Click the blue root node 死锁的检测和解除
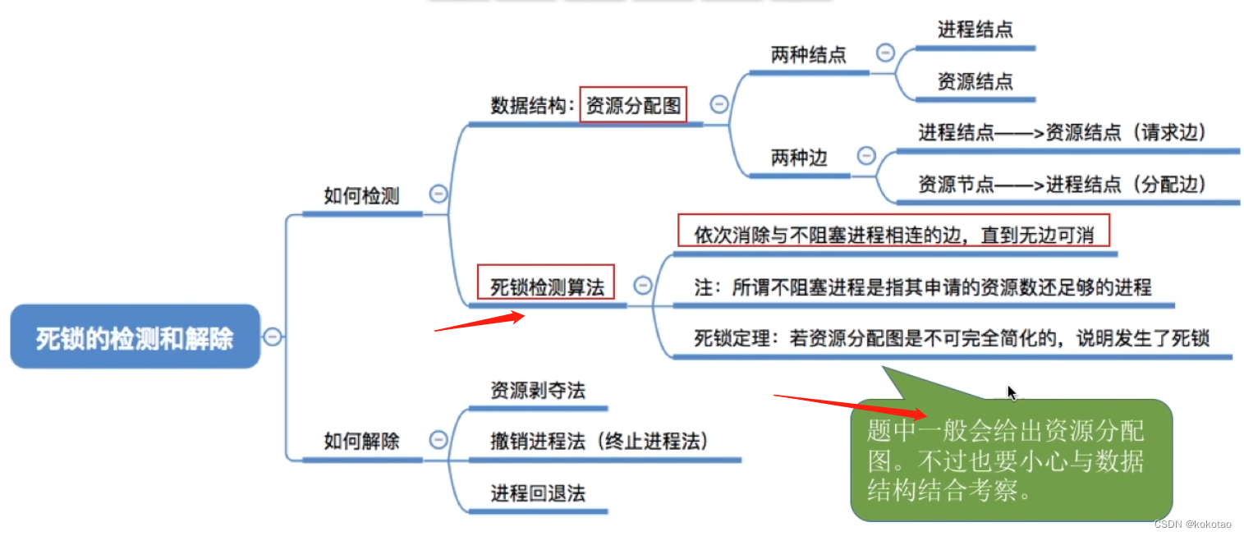(x=135, y=337)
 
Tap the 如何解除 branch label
(x=361, y=441)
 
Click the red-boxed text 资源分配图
(x=632, y=105)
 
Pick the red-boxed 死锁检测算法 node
(x=546, y=286)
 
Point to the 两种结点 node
(x=808, y=55)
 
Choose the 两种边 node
(x=798, y=158)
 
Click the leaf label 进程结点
(x=975, y=30)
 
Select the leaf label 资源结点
(x=975, y=81)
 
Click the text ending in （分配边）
(x=1063, y=185)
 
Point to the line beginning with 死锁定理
(x=952, y=338)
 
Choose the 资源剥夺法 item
(x=538, y=390)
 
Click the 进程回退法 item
(x=538, y=493)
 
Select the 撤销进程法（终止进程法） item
(x=599, y=441)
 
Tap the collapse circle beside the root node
(x=272, y=337)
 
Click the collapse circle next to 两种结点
(x=885, y=53)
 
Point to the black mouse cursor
(x=1012, y=393)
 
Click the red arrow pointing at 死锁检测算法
(x=480, y=323)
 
